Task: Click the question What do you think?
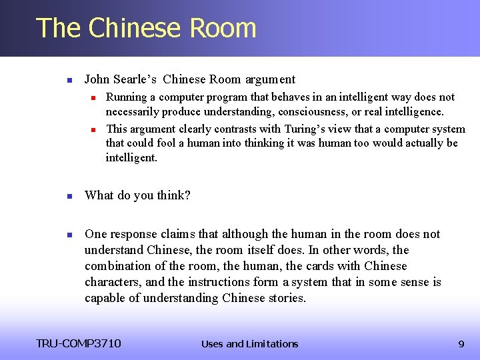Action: (137, 195)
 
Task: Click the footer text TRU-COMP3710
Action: (79, 344)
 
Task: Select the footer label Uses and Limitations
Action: (249, 344)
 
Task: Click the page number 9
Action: (461, 344)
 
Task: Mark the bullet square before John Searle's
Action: (69, 80)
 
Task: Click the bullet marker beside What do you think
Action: (69, 196)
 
